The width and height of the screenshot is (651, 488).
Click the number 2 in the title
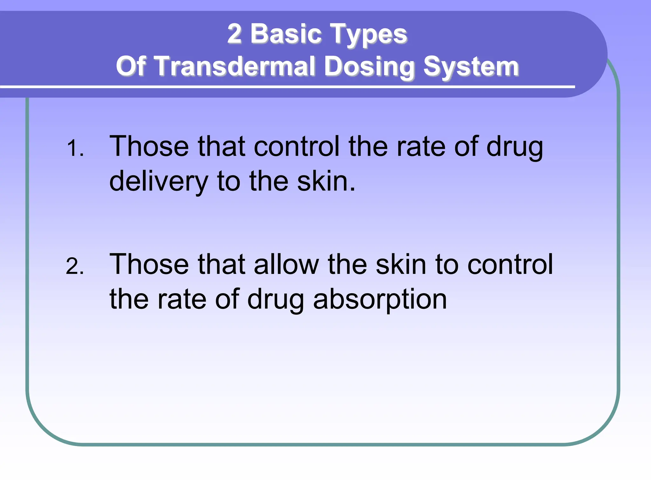[x=234, y=34]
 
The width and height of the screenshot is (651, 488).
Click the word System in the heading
[x=471, y=67]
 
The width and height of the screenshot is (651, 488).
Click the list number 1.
[x=75, y=148]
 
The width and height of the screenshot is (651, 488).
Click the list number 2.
[x=75, y=266]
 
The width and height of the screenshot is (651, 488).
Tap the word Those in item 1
[x=149, y=146]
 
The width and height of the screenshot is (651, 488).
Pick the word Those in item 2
[x=149, y=264]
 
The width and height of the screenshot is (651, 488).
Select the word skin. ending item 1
[x=326, y=181]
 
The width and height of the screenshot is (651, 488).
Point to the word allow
[x=286, y=264]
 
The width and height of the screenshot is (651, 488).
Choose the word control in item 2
[x=510, y=264]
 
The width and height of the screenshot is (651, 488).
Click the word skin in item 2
[x=401, y=264]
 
